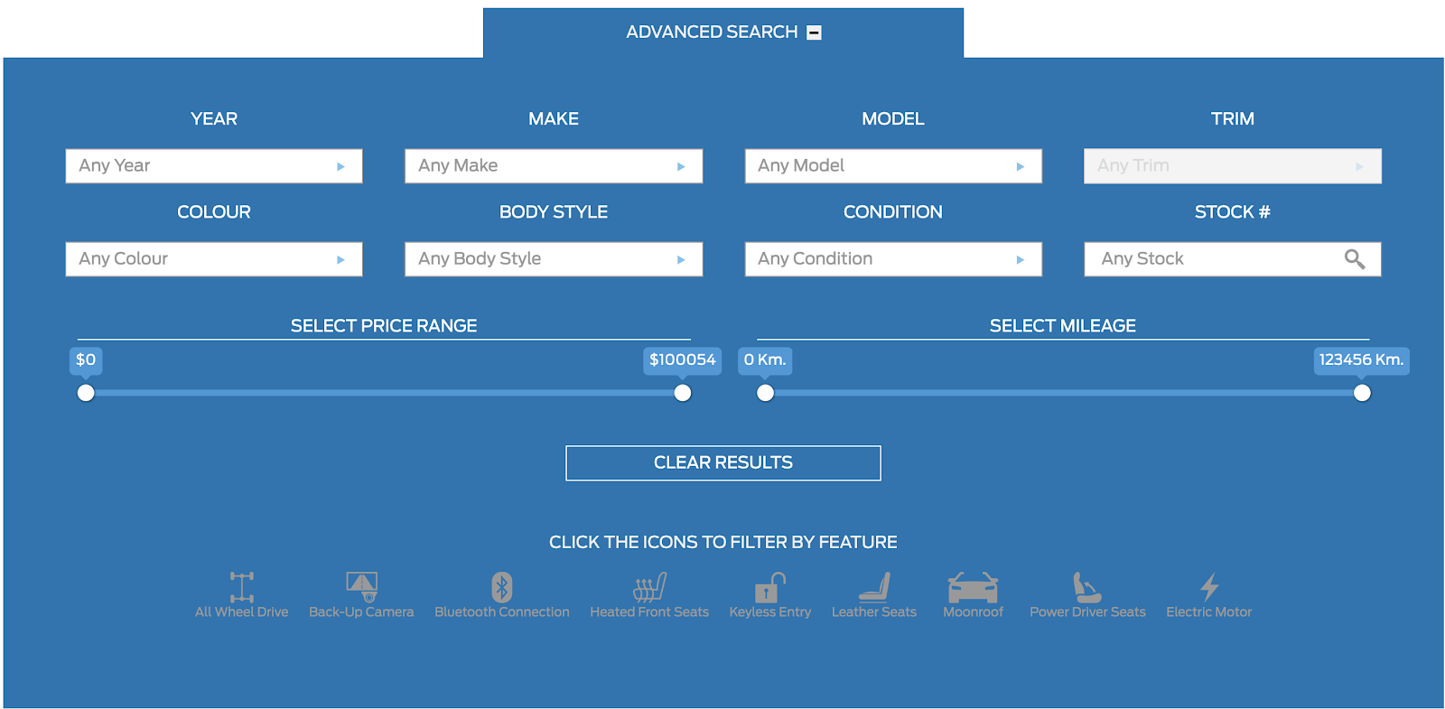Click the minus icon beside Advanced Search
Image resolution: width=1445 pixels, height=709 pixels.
point(814,33)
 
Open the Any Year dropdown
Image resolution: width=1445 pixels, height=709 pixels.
point(214,166)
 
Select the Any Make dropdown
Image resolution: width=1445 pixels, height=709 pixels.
point(554,166)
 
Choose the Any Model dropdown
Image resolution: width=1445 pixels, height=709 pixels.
point(893,166)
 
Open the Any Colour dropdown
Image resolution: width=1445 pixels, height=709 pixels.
point(214,259)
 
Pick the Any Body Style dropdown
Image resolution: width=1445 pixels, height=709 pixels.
point(554,259)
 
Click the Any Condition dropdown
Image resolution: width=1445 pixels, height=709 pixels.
point(893,259)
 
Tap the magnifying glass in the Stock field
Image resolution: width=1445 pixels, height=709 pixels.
point(1354,259)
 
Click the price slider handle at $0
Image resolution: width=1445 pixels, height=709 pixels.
point(86,393)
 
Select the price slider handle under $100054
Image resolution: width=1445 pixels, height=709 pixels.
point(683,393)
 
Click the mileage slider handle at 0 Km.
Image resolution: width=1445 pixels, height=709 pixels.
point(765,393)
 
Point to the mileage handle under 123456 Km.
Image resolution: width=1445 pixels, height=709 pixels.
point(1362,393)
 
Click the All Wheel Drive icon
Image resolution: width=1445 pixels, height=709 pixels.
point(241,587)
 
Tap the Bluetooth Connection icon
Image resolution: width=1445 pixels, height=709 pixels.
point(502,587)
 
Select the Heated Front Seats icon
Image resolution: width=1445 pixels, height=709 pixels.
point(649,587)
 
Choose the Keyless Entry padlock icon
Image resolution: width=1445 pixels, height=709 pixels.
point(769,587)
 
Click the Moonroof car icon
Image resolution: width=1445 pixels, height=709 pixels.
point(973,588)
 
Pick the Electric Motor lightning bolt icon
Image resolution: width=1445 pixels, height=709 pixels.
point(1209,587)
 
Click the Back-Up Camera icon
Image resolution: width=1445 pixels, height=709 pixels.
point(361,587)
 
